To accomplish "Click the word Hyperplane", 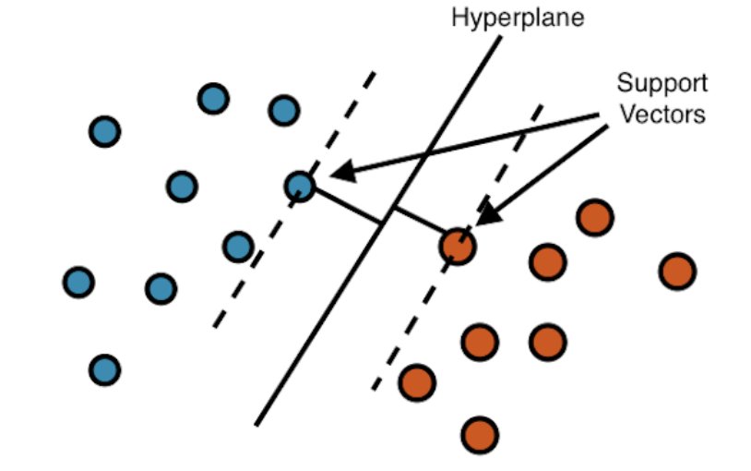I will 517,18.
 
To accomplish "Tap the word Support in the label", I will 662,83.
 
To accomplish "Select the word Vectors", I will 662,115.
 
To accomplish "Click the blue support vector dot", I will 300,186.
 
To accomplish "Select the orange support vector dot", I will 457,246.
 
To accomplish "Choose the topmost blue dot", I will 213,98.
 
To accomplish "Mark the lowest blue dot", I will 104,369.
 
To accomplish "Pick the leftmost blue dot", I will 78,281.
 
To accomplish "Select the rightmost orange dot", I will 677,272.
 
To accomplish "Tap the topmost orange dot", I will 594,217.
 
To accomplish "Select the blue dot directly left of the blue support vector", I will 182,187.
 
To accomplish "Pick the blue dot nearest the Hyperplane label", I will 283,111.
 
